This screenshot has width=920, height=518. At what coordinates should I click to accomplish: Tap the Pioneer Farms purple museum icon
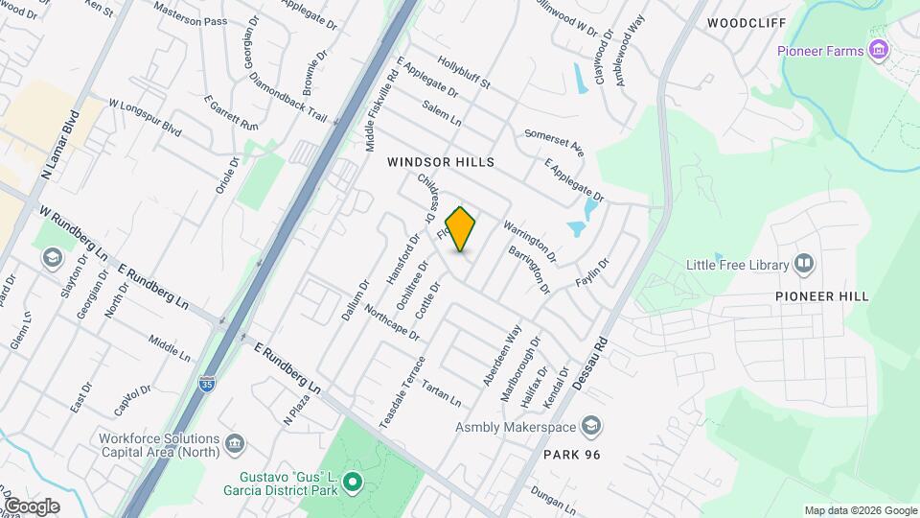(876, 51)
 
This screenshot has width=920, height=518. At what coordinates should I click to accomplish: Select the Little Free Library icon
(804, 264)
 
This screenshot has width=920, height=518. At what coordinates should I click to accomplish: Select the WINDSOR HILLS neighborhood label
(441, 163)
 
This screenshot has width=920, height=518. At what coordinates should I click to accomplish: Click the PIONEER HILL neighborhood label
(813, 297)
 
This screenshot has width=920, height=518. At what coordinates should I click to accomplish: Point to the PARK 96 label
(571, 454)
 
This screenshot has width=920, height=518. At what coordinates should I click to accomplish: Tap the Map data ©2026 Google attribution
(860, 510)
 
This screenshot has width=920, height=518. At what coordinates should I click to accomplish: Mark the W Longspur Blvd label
(145, 115)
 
